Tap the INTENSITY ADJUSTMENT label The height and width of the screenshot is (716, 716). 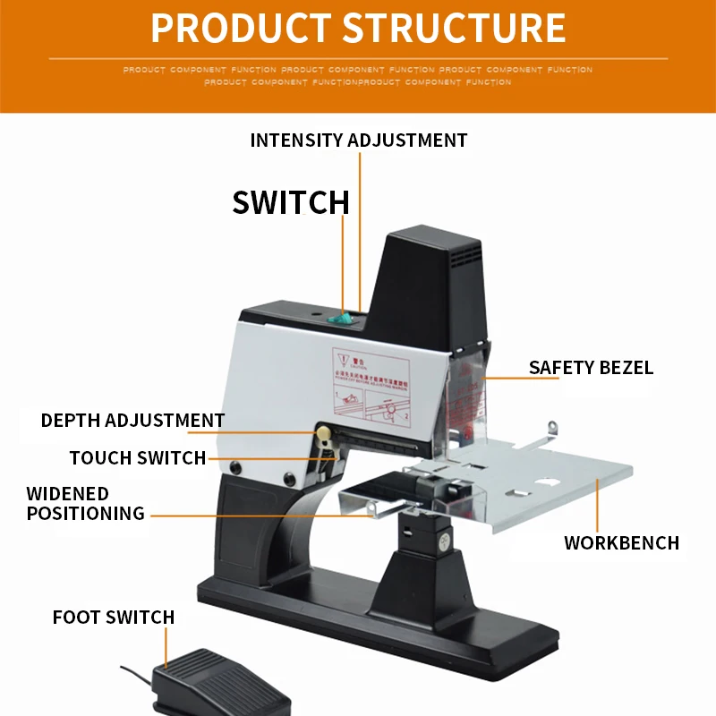tap(358, 141)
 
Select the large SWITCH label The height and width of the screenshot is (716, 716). tap(291, 201)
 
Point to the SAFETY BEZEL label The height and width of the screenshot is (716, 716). tap(591, 368)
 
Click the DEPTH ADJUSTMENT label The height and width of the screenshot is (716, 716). tap(132, 420)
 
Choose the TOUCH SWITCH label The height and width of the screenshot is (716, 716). tap(138, 458)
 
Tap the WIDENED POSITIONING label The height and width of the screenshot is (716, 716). tap(85, 503)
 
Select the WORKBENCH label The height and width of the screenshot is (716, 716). tap(621, 542)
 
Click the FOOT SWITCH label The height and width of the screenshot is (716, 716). tap(114, 617)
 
